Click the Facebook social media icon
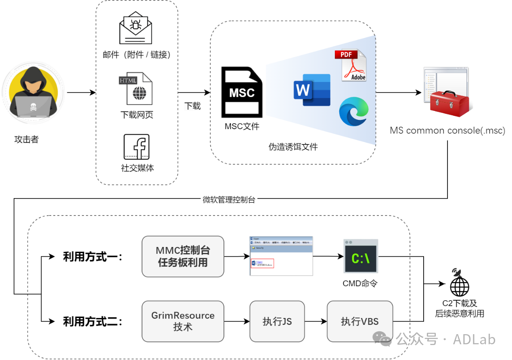click(136, 147)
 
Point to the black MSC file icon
click(242, 92)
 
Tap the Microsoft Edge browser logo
click(354, 111)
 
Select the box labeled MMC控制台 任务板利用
click(183, 257)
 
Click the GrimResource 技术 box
click(183, 321)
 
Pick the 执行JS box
click(277, 321)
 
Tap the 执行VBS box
click(359, 321)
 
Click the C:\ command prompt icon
click(360, 258)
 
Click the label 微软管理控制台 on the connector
click(229, 199)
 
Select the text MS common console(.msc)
click(447, 131)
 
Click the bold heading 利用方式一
click(92, 257)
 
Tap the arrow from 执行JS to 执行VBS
click(316, 322)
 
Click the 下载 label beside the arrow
click(192, 106)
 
